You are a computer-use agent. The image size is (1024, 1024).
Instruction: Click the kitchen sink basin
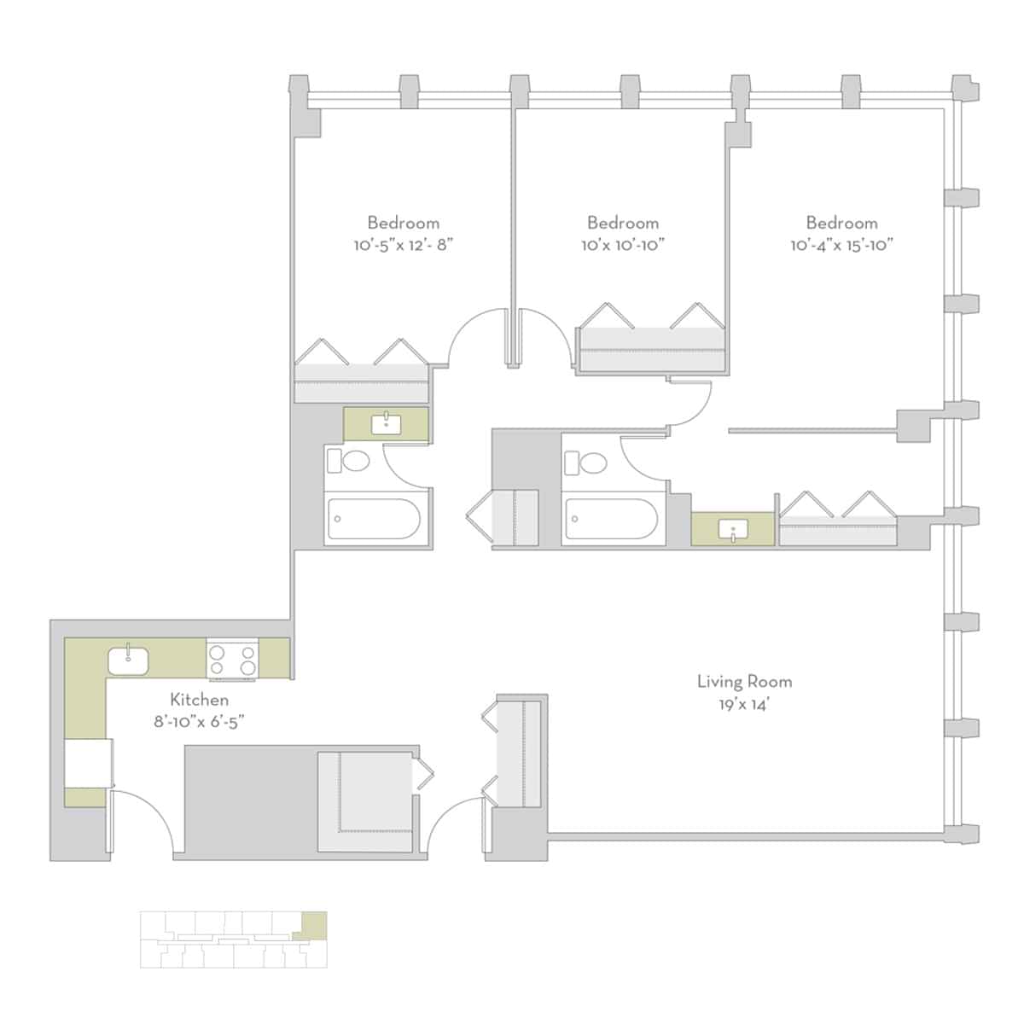tap(128, 660)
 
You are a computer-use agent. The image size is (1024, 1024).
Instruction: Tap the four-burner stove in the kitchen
tap(231, 660)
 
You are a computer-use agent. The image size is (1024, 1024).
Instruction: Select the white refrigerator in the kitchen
tap(89, 763)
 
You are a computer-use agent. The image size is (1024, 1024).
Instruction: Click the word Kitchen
tap(199, 700)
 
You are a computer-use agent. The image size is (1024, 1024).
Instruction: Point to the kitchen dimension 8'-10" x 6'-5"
tap(199, 721)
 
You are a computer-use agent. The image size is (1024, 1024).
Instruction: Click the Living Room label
tap(744, 681)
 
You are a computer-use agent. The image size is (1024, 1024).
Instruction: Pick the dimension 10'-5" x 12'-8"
tap(403, 245)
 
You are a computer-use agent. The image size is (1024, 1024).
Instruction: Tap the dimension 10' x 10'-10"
tap(623, 245)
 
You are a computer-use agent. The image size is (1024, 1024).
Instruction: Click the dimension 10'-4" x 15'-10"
tap(841, 245)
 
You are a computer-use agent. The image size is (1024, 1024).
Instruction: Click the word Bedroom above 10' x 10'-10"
tap(623, 223)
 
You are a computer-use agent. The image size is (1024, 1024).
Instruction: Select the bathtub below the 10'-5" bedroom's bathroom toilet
tap(374, 519)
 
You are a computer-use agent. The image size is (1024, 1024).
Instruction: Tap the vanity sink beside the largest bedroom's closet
tap(732, 530)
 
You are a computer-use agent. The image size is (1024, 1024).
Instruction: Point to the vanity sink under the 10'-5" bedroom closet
tap(386, 422)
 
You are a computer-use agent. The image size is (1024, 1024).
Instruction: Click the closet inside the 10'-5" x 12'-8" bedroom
tap(360, 375)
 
